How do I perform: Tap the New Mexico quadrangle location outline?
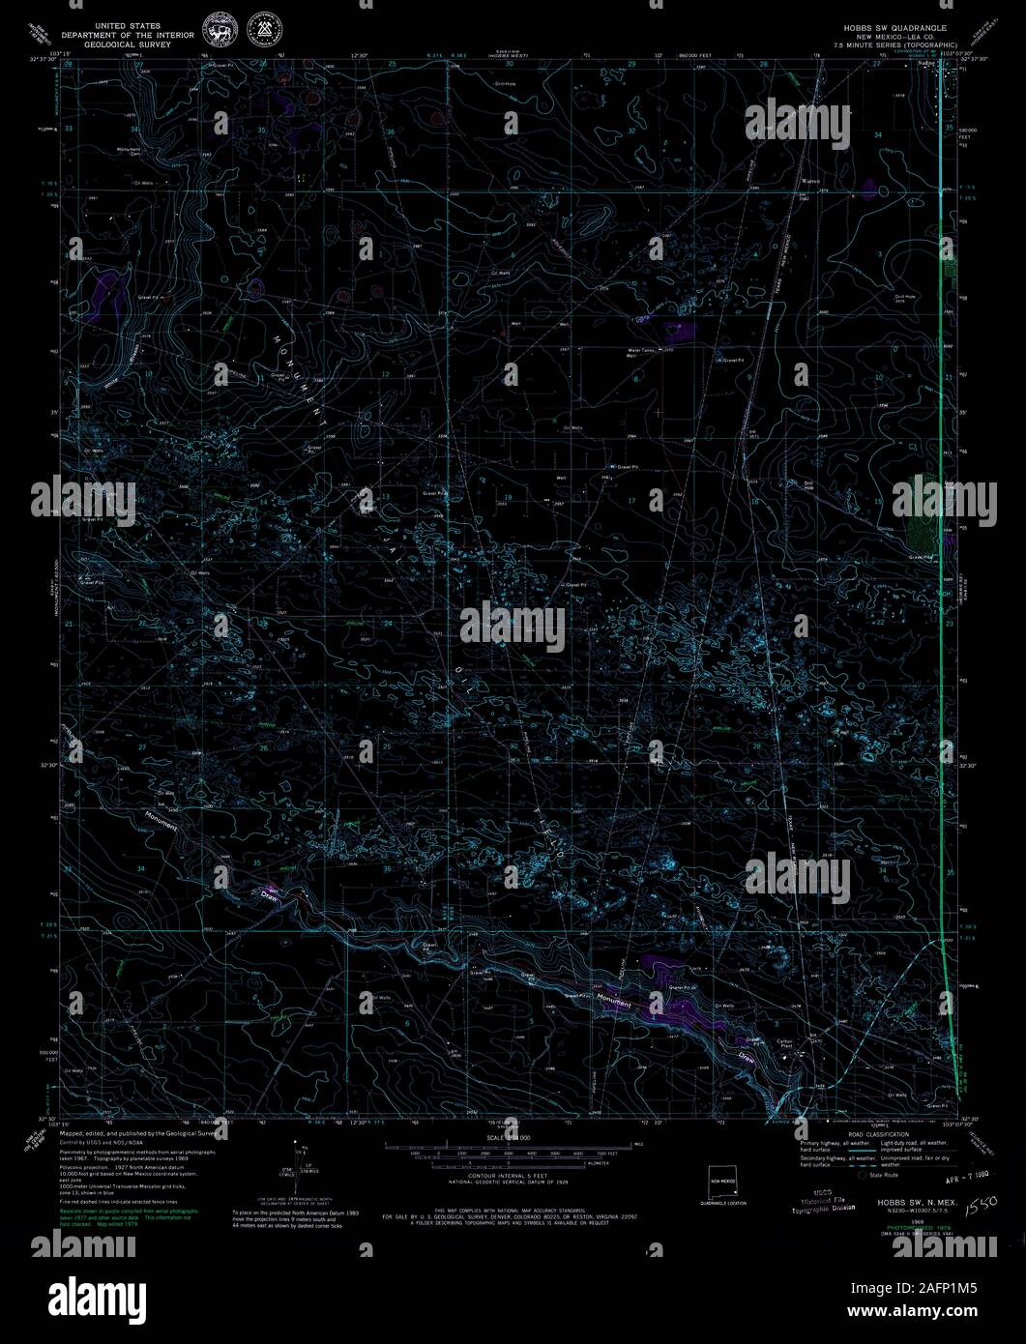(723, 1181)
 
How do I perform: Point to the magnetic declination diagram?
(298, 1160)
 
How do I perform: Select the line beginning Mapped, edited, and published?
(140, 1132)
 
